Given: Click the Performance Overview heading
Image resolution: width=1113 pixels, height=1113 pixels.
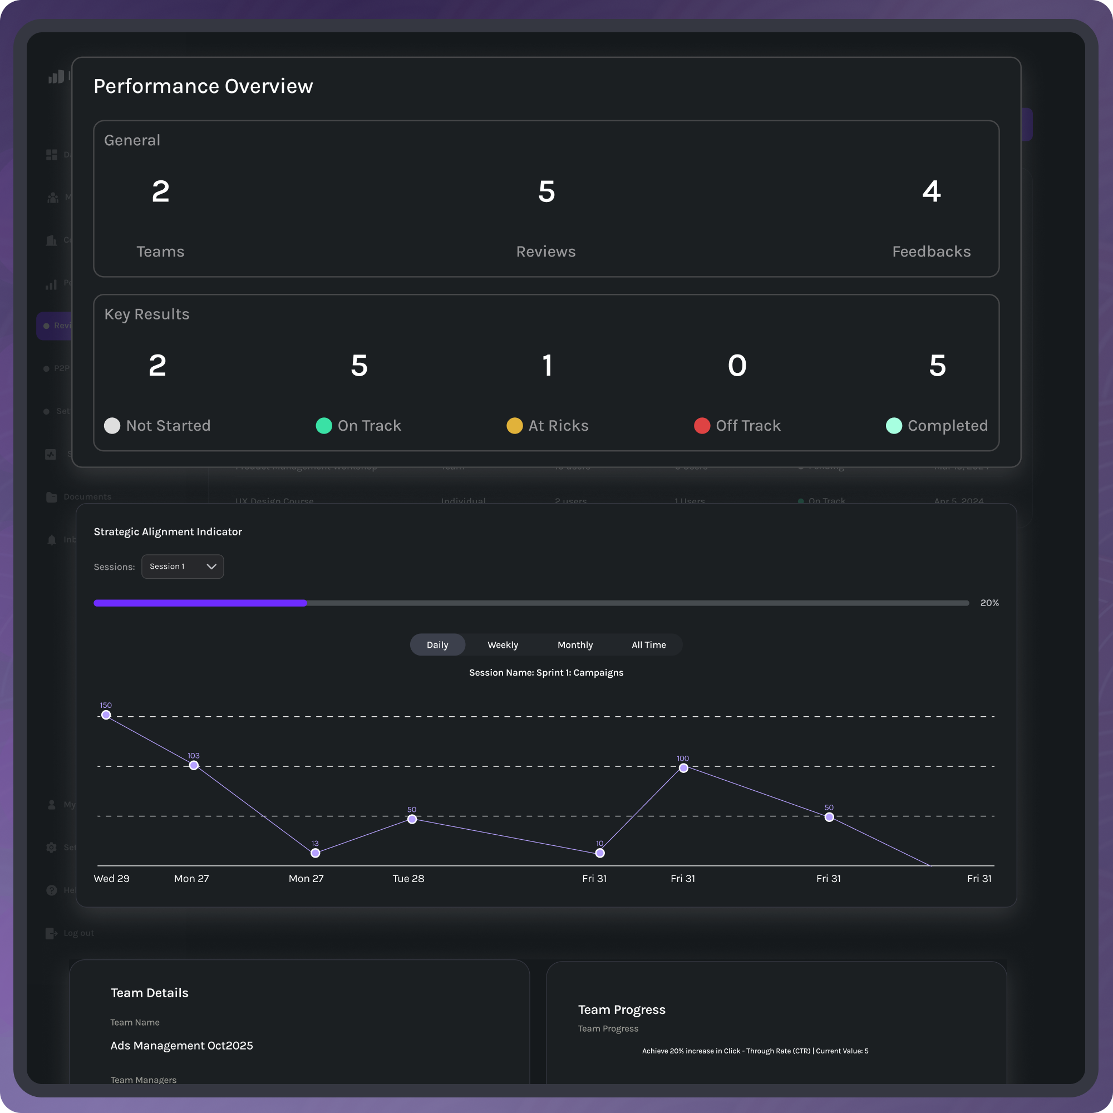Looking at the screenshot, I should click(x=203, y=86).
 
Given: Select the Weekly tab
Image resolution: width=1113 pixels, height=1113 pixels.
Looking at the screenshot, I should click(x=503, y=644).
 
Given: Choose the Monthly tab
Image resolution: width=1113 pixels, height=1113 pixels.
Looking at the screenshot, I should click(x=575, y=644).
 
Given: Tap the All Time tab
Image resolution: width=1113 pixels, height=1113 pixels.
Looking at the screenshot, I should click(x=649, y=644).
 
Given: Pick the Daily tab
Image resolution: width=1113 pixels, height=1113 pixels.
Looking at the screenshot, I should click(x=437, y=644).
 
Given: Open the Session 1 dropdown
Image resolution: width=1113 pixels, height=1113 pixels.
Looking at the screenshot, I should click(x=182, y=567).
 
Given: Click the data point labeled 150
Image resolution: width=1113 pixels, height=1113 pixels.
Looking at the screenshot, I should click(x=106, y=715).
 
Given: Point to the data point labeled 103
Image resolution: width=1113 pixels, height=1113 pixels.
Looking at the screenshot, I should click(x=194, y=765).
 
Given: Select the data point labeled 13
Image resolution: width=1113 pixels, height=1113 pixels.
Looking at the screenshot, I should click(x=315, y=853).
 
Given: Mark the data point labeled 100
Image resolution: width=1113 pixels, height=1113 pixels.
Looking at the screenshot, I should click(x=683, y=768).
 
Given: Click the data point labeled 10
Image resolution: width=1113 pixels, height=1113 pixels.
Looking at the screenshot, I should click(x=600, y=853).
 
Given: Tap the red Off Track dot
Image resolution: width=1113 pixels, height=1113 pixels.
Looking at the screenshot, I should click(x=702, y=426).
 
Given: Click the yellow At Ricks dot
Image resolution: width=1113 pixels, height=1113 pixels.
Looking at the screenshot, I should click(x=514, y=426).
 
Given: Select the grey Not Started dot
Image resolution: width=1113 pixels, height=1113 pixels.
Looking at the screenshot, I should click(x=112, y=426).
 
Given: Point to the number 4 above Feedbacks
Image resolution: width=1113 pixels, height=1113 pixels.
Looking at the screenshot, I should click(x=932, y=191).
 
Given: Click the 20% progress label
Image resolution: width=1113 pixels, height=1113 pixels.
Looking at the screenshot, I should click(x=989, y=603).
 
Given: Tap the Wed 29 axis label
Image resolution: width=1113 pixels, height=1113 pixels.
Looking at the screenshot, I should click(x=112, y=879).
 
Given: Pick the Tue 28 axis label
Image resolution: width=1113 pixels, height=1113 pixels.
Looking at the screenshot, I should click(x=408, y=879).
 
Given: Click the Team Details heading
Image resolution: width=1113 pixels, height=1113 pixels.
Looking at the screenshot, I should click(x=150, y=993).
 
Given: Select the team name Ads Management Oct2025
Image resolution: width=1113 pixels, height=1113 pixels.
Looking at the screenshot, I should click(x=181, y=1046).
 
